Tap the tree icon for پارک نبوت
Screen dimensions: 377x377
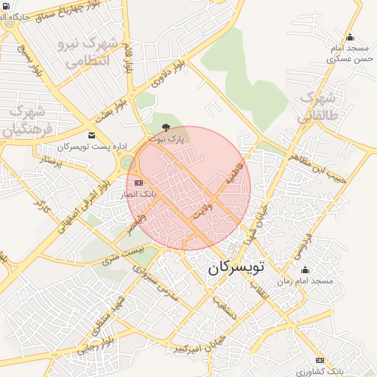pyautogui.click(x=165, y=127)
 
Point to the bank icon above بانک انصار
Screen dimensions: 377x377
pyautogui.click(x=138, y=183)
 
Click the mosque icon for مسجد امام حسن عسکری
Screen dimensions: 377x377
pyautogui.click(x=350, y=38)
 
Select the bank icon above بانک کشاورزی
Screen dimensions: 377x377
pyautogui.click(x=320, y=360)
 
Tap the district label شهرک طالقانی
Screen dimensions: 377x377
pyautogui.click(x=317, y=107)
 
